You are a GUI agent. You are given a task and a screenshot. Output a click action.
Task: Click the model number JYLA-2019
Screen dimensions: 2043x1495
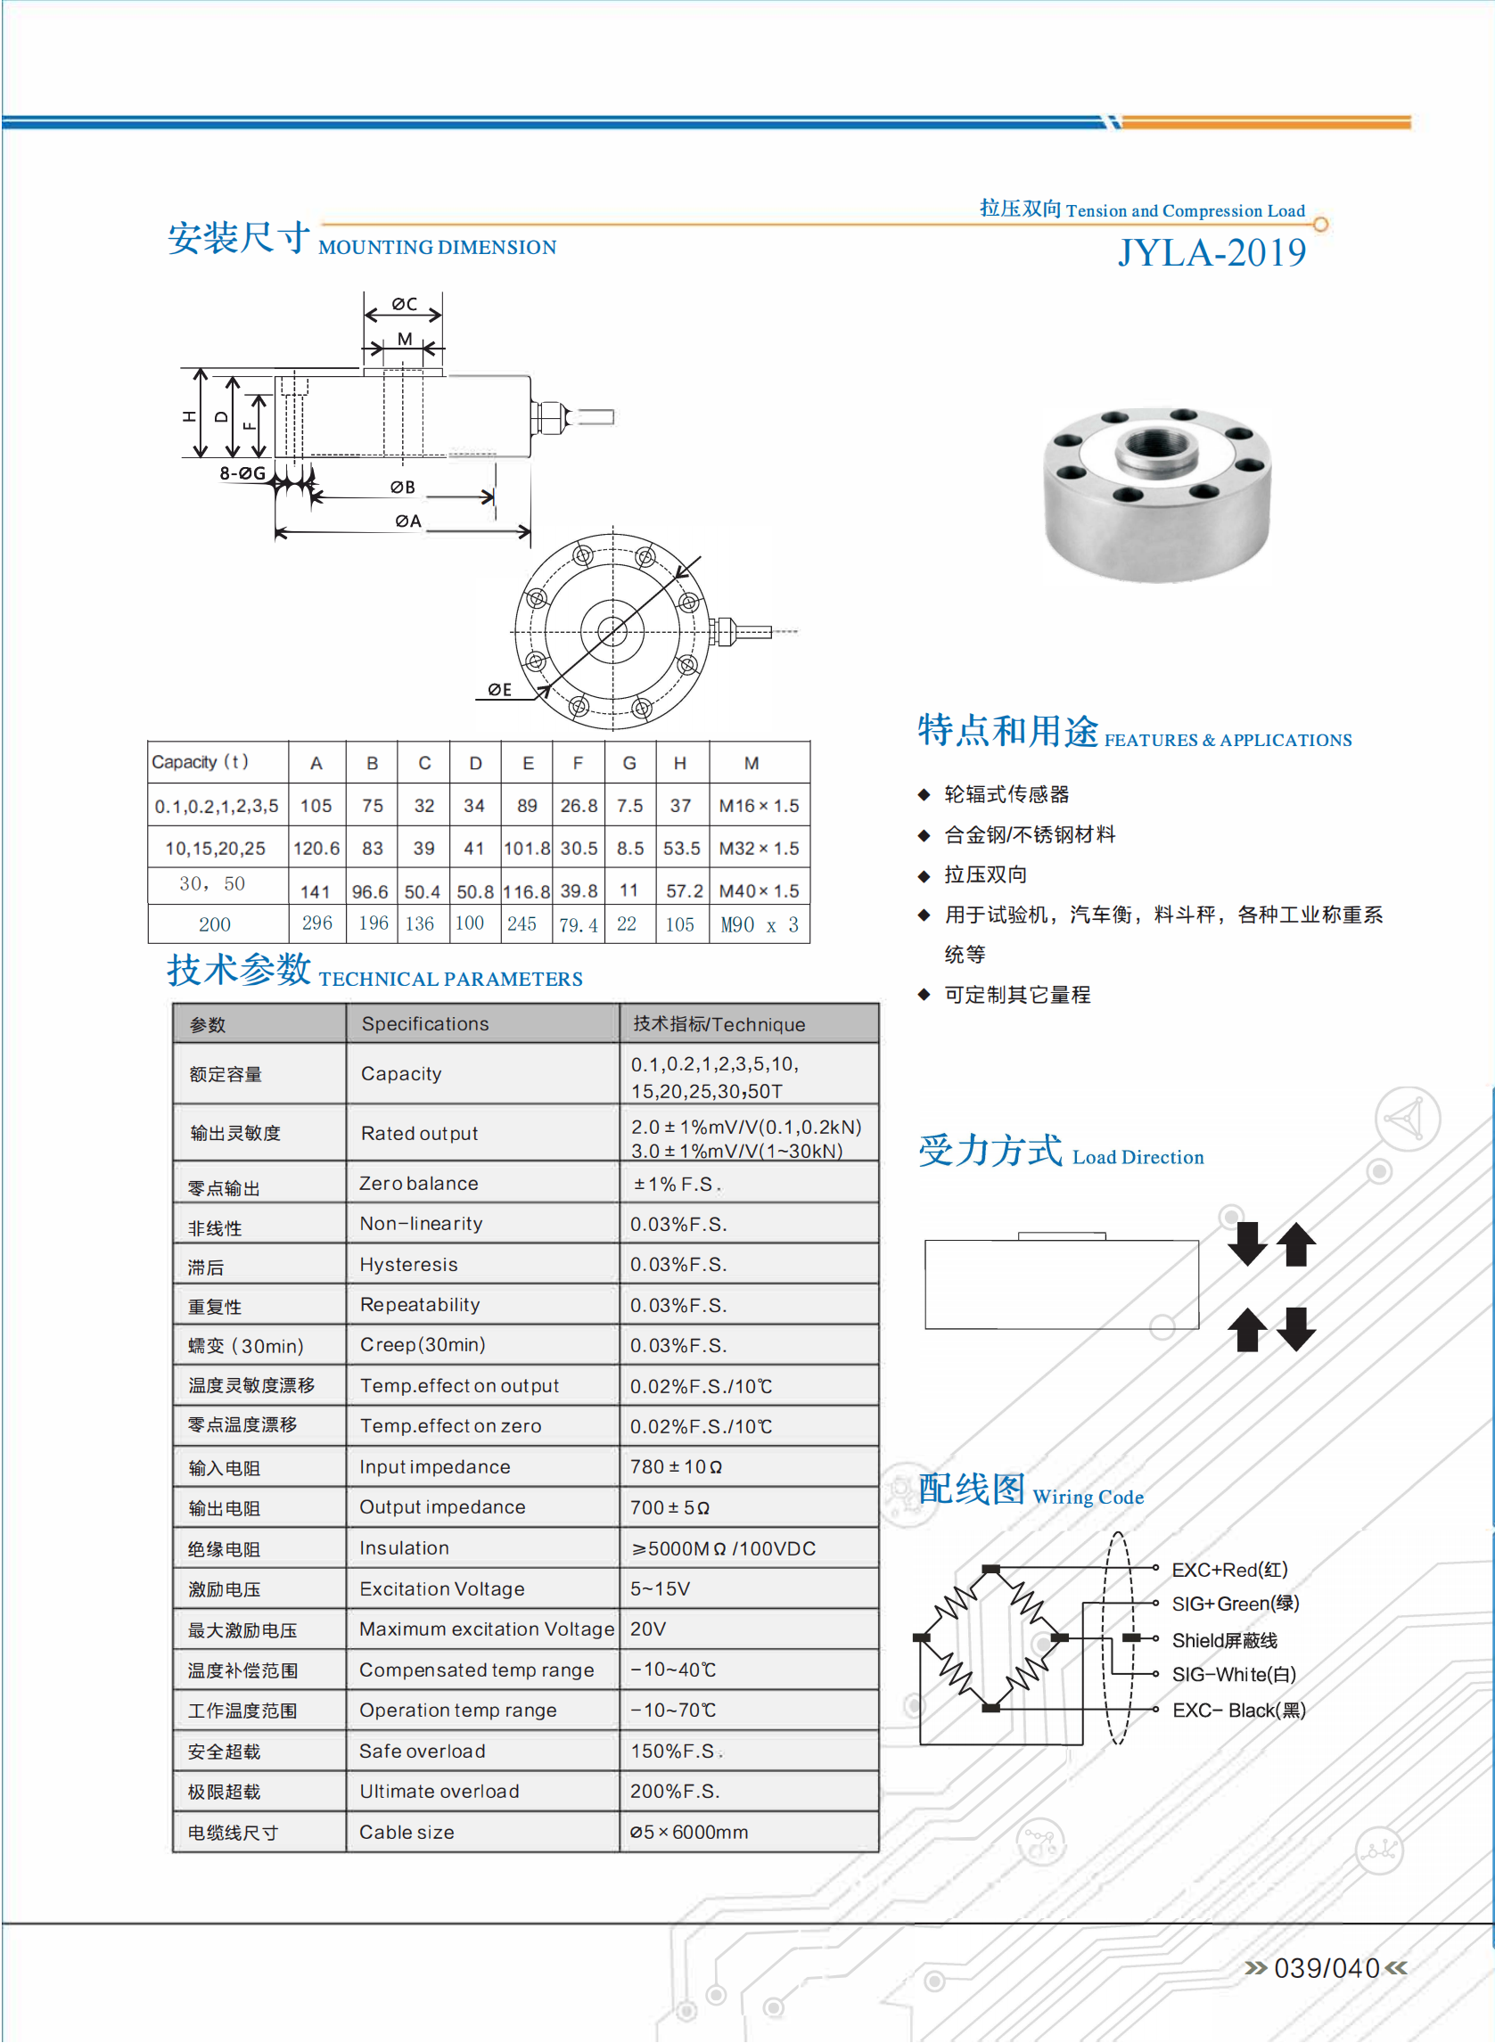pos(1211,253)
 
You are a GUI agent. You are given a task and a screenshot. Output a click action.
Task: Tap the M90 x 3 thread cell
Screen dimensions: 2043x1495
pos(760,924)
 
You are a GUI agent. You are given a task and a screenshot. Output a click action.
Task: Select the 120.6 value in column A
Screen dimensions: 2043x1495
pos(316,849)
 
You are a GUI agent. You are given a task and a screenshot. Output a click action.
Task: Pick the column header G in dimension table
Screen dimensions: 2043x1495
pos(629,764)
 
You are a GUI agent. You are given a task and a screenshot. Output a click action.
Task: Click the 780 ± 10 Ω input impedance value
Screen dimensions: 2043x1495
pos(676,1466)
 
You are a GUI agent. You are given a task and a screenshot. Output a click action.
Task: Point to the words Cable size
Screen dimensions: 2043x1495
pos(407,1832)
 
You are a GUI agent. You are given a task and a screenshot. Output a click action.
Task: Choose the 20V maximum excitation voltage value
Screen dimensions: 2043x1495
pos(648,1629)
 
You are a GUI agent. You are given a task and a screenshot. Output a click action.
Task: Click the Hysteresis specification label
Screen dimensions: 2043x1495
pos(408,1264)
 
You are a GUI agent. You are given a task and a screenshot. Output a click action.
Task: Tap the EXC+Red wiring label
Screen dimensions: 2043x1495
pos(1229,1570)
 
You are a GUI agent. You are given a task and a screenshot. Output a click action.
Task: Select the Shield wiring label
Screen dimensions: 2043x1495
pos(1224,1640)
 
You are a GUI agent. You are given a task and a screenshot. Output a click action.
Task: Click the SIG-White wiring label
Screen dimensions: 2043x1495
pos(1234,1675)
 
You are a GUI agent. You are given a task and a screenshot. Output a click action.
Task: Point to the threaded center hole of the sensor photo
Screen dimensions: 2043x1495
pos(1155,446)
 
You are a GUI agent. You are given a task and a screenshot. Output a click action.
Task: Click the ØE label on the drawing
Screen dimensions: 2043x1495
pos(499,689)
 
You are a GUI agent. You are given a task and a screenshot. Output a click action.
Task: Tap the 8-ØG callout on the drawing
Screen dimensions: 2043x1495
pos(242,473)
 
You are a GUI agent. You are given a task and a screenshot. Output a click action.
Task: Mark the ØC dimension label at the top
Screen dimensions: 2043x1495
pos(404,304)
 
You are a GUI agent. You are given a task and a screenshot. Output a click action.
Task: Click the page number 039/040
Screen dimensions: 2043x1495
pos(1326,1968)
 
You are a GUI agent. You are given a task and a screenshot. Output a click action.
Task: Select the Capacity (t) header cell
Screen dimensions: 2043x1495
pos(200,762)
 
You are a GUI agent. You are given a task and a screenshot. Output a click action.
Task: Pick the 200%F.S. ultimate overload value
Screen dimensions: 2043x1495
pos(674,1792)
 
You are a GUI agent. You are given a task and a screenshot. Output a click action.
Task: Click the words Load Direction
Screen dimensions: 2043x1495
pos(1138,1157)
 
